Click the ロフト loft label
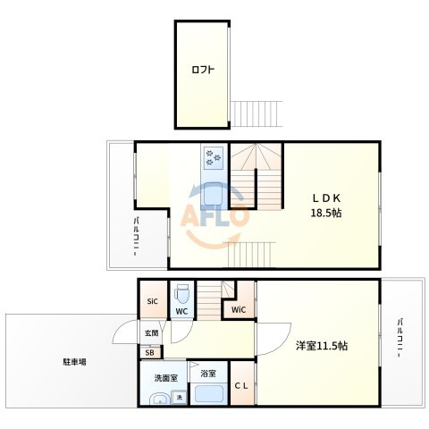tap(203, 70)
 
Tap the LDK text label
tap(326, 198)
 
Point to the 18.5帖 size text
tap(326, 213)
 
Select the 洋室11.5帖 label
tap(322, 346)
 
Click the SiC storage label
tap(152, 301)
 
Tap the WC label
tap(181, 311)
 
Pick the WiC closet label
tap(239, 310)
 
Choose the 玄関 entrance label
tap(151, 332)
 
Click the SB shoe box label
tap(149, 353)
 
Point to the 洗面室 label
tap(166, 378)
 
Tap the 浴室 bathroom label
tap(208, 374)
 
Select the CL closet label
tap(241, 386)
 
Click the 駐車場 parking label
tap(74, 362)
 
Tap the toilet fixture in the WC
tap(181, 294)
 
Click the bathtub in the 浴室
tap(209, 393)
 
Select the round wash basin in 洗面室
tap(159, 400)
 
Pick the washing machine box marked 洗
tap(180, 397)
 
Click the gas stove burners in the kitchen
tap(214, 157)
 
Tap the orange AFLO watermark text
tap(214, 215)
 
